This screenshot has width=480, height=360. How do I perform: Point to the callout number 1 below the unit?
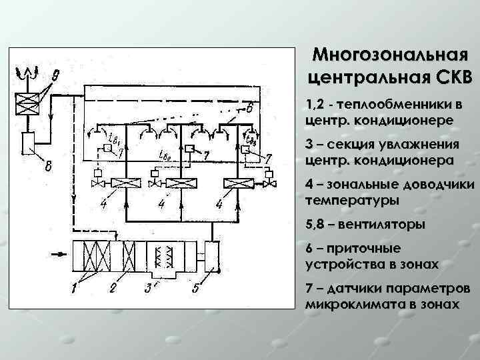pyautogui.click(x=76, y=287)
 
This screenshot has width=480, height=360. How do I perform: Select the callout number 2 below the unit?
pyautogui.click(x=113, y=288)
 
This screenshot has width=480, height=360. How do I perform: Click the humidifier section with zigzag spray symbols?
pyautogui.click(x=162, y=257)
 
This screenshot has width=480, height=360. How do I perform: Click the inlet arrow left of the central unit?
pyautogui.click(x=61, y=253)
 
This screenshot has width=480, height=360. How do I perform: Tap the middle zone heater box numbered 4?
pyautogui.click(x=178, y=183)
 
